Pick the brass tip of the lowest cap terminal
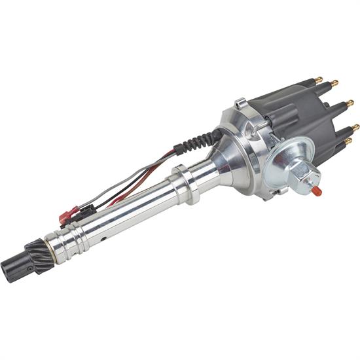coord(348,141)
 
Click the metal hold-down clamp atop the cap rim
coord(242,103)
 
